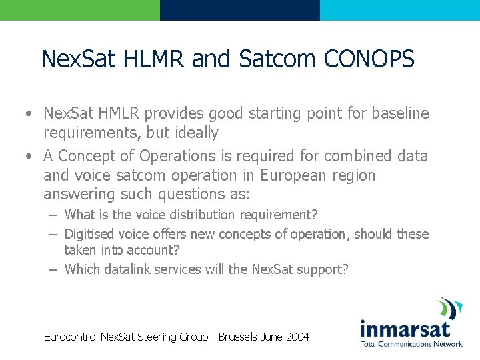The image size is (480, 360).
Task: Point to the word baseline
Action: click(399, 113)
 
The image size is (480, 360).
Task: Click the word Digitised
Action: click(90, 234)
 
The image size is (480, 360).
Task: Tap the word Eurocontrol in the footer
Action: click(71, 337)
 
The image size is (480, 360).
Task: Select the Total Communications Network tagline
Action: click(411, 344)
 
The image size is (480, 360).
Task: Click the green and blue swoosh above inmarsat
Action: click(449, 309)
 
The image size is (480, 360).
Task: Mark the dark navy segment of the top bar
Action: click(239, 10)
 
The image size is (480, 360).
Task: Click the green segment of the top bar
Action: click(80, 10)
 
